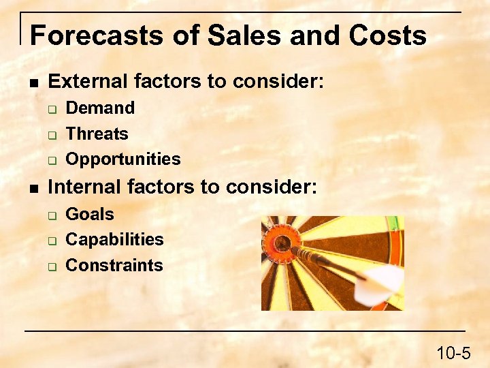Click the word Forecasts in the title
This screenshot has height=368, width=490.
pos(96,35)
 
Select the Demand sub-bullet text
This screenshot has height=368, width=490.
pos(100,108)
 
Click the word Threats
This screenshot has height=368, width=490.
pos(97,134)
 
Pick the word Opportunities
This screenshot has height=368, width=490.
pos(123,159)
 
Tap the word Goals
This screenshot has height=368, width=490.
pos(90,214)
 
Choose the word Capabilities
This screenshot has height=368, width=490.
pos(114,240)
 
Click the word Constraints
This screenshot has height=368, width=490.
pos(114,266)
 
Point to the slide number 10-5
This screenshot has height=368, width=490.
pos(453,353)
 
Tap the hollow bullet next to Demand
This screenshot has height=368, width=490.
pos(51,109)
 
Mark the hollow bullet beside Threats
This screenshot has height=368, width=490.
pos(51,135)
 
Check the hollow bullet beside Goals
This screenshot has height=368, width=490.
pos(51,215)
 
